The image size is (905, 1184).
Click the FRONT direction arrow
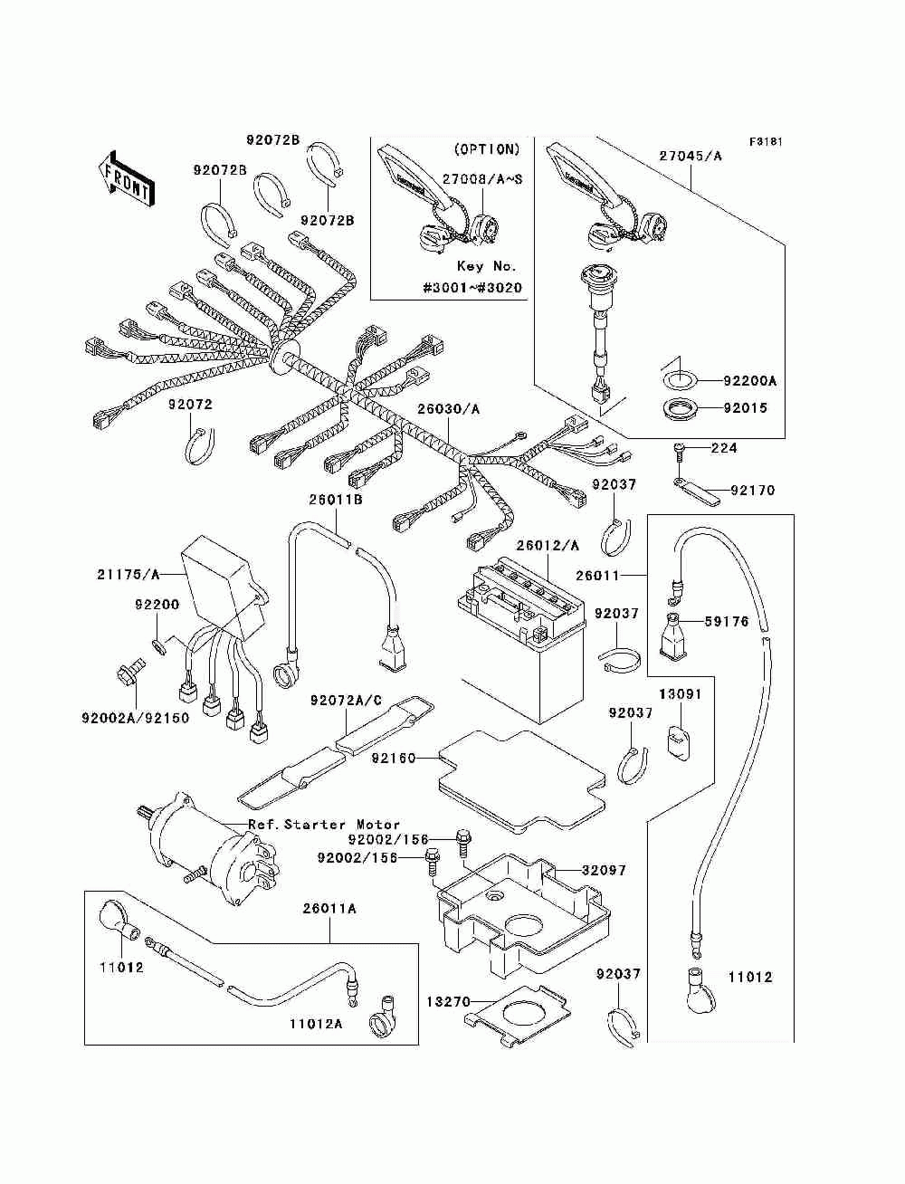pos(124,176)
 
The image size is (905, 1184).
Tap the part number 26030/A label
pos(448,409)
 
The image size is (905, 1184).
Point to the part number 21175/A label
pos(128,574)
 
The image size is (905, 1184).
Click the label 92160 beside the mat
pos(392,758)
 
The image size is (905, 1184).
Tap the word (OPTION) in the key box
pos(487,149)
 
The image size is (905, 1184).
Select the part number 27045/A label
pos(691,156)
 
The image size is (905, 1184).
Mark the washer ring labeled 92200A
pos(677,379)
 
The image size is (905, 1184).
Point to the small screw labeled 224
pos(679,449)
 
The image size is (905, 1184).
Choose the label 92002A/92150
pos(135,718)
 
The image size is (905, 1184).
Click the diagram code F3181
pos(765,142)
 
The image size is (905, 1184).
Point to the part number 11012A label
pos(316,1025)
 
